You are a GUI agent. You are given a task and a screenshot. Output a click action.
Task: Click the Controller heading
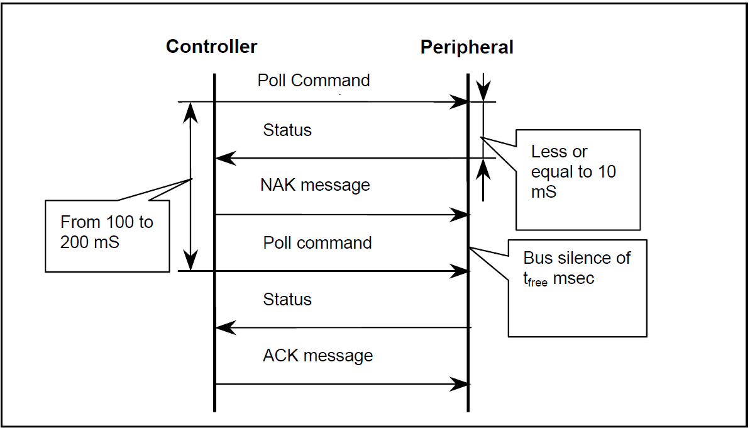[211, 47]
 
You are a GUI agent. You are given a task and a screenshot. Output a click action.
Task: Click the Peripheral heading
[467, 47]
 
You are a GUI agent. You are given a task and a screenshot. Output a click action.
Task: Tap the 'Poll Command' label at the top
[313, 81]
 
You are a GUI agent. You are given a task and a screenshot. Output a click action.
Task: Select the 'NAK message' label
[315, 185]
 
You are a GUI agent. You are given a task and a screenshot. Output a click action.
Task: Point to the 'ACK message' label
[317, 356]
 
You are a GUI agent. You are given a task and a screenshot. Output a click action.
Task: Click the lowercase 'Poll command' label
[317, 243]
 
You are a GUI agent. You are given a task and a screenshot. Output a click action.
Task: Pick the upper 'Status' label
[287, 130]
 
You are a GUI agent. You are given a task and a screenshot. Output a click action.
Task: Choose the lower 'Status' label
[287, 299]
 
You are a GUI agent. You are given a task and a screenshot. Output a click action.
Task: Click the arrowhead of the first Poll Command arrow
[459, 102]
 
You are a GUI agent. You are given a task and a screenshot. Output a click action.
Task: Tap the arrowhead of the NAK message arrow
[459, 215]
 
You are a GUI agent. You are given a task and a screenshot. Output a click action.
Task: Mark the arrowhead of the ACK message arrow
[459, 384]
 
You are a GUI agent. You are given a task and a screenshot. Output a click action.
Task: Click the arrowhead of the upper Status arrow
[226, 158]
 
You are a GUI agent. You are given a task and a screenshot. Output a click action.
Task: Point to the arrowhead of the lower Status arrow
[226, 327]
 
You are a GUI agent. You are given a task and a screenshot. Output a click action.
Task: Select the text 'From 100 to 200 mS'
[107, 232]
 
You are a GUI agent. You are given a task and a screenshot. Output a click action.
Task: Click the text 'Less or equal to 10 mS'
[573, 171]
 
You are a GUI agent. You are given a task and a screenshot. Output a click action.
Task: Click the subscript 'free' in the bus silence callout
[538, 283]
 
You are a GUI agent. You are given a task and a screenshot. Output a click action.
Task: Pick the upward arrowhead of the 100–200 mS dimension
[191, 113]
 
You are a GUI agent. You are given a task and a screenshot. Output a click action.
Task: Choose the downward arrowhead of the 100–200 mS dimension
[191, 260]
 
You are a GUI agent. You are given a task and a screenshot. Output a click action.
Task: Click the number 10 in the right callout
[607, 172]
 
